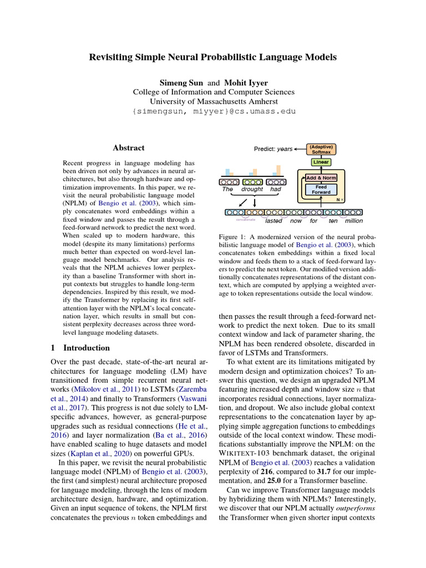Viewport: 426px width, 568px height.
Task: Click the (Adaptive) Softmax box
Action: point(321,149)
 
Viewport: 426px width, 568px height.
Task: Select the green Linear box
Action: point(321,163)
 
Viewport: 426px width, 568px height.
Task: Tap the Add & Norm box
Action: point(321,178)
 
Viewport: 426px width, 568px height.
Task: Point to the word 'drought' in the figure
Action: point(252,190)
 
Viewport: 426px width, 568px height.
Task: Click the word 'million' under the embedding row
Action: point(353,221)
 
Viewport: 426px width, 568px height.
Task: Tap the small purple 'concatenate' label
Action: point(246,220)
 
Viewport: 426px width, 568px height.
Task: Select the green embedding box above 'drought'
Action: point(252,181)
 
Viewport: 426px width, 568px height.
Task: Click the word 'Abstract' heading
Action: point(129,148)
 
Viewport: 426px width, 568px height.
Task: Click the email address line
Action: point(214,111)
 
